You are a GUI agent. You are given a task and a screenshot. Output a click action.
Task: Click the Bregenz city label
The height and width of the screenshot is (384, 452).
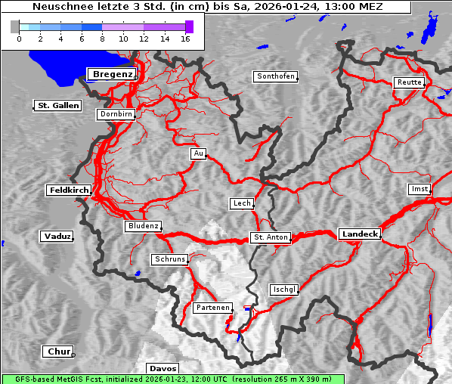(112, 74)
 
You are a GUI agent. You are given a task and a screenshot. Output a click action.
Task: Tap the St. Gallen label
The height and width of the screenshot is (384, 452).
(57, 106)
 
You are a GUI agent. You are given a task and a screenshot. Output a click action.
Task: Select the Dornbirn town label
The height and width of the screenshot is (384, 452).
(116, 115)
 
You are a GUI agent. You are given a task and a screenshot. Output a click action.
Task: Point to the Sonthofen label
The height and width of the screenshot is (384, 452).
(276, 76)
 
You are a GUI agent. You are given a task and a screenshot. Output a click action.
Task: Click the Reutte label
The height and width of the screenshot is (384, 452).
(409, 82)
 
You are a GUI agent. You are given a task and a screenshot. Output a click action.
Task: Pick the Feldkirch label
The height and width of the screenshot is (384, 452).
(69, 190)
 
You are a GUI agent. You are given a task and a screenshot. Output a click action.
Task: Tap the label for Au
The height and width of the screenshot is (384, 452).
(198, 153)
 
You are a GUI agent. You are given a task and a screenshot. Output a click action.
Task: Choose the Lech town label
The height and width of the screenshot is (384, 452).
(241, 203)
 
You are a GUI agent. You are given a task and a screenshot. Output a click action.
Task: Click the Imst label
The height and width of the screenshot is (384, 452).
(418, 188)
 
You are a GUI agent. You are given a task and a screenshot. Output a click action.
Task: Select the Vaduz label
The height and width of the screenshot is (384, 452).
(57, 237)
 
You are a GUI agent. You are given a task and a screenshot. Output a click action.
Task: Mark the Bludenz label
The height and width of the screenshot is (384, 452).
(143, 226)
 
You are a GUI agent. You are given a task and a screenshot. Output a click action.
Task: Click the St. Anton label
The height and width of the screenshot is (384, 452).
(270, 237)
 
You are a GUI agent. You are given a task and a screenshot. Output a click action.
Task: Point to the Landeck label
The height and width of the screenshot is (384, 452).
(360, 234)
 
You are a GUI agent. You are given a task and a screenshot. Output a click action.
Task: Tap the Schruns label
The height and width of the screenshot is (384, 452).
(169, 259)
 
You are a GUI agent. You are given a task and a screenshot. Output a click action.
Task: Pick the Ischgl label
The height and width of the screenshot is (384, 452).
(284, 290)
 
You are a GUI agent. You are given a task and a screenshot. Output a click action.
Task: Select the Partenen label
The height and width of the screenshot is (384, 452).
(212, 308)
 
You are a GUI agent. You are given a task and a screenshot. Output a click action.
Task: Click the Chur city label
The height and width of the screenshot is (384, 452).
(58, 351)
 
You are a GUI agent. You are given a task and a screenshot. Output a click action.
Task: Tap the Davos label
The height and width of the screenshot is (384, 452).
(163, 368)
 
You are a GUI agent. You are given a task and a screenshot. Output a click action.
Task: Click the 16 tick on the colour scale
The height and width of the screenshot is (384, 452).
(185, 39)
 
